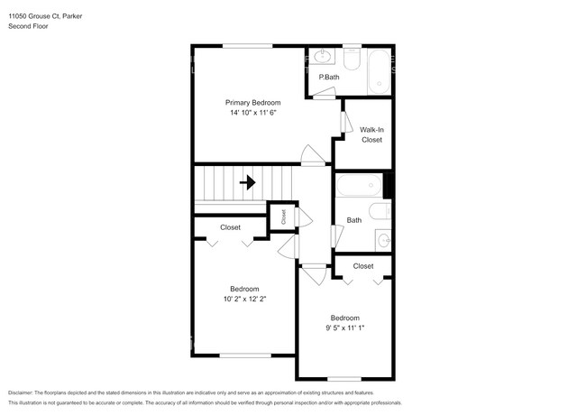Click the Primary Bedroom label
[252, 103]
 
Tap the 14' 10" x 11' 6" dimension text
[252, 113]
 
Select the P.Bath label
[329, 77]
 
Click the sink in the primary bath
[323, 57]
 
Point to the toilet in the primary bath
[352, 59]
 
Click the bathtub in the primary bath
[379, 72]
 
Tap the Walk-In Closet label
[371, 134]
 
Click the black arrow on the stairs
[247, 183]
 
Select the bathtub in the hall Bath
[359, 186]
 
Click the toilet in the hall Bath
[380, 211]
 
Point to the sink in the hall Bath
[383, 240]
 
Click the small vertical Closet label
[283, 217]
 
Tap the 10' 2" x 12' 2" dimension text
[245, 299]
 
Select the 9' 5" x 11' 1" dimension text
[345, 327]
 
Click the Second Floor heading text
[28, 26]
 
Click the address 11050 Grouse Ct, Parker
[45, 16]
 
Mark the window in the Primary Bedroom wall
[247, 46]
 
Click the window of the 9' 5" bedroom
[344, 379]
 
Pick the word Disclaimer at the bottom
[21, 392]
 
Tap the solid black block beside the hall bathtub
[388, 185]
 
